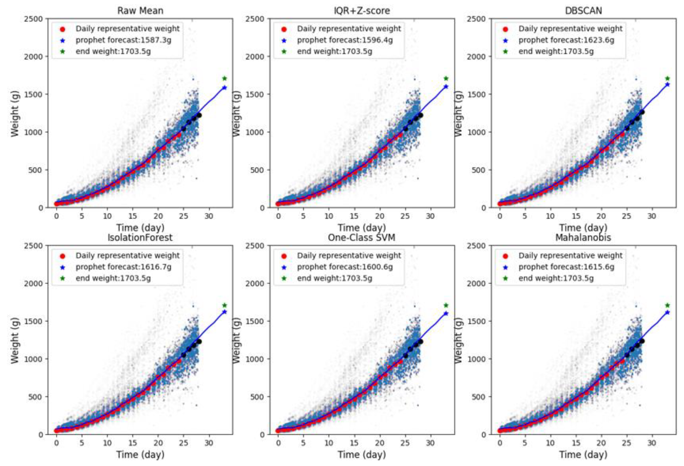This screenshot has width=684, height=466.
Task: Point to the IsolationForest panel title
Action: (x=140, y=238)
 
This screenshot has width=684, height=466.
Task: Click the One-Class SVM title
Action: (x=362, y=238)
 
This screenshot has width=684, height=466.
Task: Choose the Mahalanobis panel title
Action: (x=583, y=238)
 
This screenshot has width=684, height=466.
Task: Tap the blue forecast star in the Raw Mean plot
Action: (x=225, y=87)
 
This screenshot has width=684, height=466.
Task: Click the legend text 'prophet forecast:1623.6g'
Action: (x=566, y=40)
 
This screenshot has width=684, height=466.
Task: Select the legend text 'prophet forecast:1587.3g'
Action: (x=123, y=40)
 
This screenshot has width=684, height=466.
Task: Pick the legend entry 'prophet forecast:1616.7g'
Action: (x=123, y=267)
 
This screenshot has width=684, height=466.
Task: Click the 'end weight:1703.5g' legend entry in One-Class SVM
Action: (x=334, y=278)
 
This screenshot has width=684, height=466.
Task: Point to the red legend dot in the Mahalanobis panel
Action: (x=505, y=256)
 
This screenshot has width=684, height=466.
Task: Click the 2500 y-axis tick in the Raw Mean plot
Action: (x=37, y=19)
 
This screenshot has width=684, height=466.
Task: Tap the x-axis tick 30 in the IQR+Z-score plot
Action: (x=430, y=216)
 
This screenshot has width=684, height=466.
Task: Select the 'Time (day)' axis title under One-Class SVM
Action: (x=362, y=454)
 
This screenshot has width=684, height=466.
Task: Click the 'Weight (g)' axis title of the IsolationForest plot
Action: (x=15, y=340)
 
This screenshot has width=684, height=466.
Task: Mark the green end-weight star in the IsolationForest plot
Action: (x=225, y=305)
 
